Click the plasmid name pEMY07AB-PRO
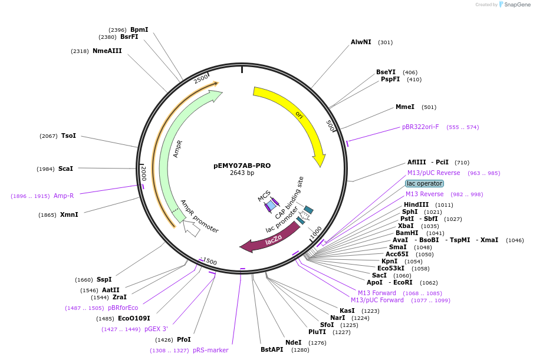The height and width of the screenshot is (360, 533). click(242, 166)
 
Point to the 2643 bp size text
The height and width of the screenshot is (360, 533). click(242, 173)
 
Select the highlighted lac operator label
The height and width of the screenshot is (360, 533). click(424, 183)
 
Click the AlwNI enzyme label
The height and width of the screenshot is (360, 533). click(361, 42)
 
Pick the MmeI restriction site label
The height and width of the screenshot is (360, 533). click(404, 107)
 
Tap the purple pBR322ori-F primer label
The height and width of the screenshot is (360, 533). click(420, 127)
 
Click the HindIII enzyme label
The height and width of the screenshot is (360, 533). click(416, 204)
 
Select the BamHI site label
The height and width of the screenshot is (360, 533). click(407, 233)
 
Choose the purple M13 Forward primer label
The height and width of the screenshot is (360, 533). click(377, 293)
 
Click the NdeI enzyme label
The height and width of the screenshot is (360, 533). click(293, 342)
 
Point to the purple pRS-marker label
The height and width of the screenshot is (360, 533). click(210, 350)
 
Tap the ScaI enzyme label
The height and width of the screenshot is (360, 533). click(65, 169)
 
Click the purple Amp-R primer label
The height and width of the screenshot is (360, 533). click(64, 196)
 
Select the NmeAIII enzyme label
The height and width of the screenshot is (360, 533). click(107, 51)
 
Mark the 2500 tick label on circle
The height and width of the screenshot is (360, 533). click(201, 79)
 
